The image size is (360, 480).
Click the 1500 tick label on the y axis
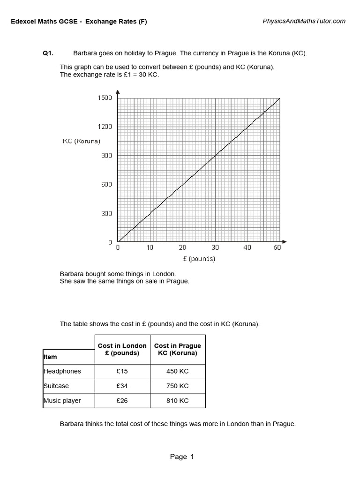point(105,97)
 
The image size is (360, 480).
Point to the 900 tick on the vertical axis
point(107,156)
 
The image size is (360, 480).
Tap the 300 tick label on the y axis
point(107,213)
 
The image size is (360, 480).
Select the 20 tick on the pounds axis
point(182,247)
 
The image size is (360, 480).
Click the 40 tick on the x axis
point(247,247)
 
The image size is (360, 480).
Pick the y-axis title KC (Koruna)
point(82,141)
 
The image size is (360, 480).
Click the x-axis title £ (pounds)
point(199,259)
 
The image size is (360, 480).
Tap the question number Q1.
point(48,53)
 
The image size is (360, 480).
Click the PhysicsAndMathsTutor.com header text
point(304,21)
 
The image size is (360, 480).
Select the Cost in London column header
point(122,349)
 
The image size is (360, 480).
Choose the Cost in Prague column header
point(178,349)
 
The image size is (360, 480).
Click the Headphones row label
point(62,371)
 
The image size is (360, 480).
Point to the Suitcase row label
point(56,386)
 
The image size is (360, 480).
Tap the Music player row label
point(62,400)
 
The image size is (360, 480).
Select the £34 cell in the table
point(122,386)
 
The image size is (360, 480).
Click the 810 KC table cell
point(178,400)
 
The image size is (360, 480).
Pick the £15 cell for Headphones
point(122,371)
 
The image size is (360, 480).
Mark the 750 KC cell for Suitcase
point(178,386)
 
